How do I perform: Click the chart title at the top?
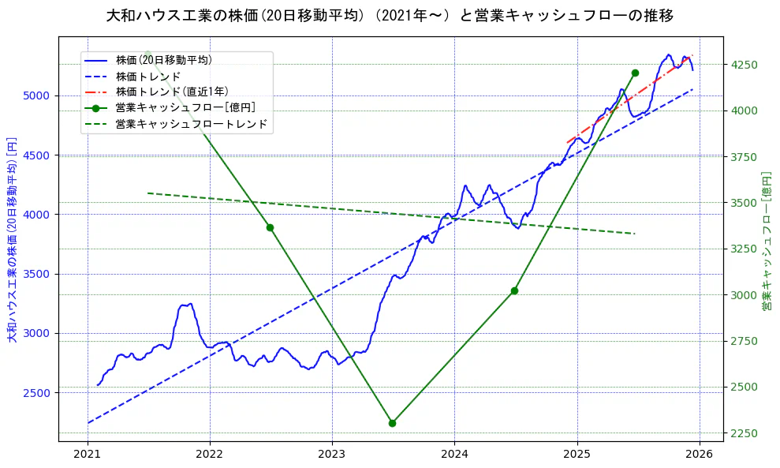(x=390, y=15)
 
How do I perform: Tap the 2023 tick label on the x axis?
(x=332, y=454)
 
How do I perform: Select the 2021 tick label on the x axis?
(x=87, y=454)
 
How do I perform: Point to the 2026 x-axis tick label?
(x=700, y=454)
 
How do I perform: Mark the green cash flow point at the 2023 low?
(x=392, y=423)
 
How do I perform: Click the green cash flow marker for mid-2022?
(x=270, y=227)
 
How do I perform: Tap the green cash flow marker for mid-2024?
(x=514, y=290)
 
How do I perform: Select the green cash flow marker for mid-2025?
(x=635, y=73)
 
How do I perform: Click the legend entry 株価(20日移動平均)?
(x=163, y=59)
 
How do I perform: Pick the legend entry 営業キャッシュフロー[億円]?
(x=185, y=107)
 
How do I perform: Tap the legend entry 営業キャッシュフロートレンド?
(x=191, y=124)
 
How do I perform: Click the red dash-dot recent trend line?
(x=631, y=99)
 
